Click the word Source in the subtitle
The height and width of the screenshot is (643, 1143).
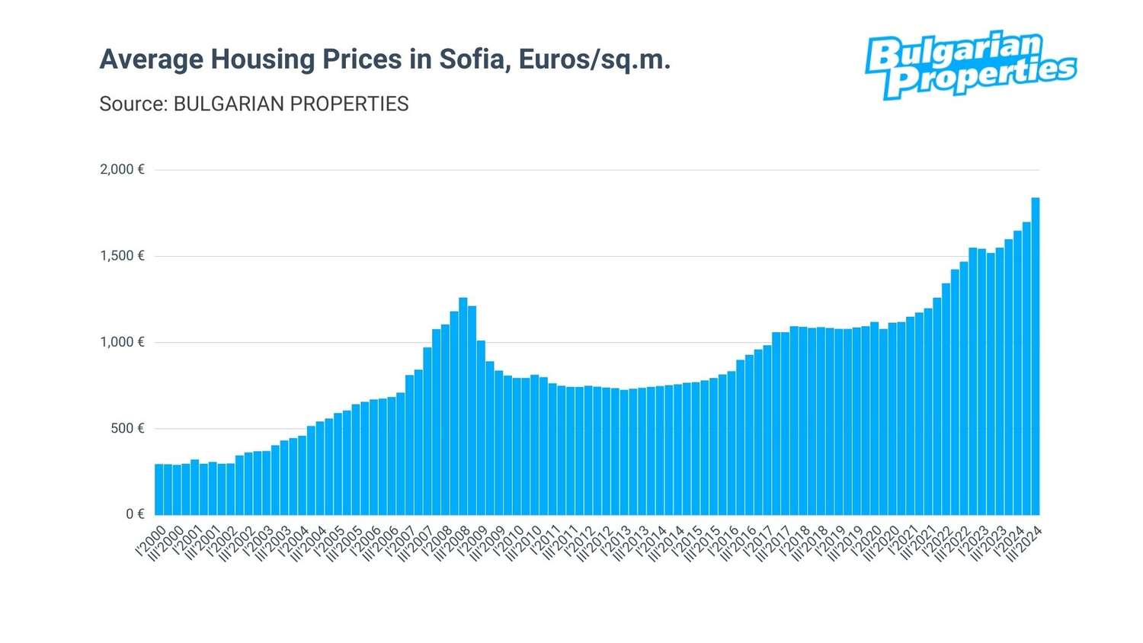pyautogui.click(x=132, y=104)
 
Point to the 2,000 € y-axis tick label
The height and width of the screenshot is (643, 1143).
pyautogui.click(x=122, y=169)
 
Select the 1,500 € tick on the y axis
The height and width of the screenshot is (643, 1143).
pyautogui.click(x=122, y=256)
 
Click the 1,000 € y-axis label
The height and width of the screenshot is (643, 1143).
pyautogui.click(x=122, y=342)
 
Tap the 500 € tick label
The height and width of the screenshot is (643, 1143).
pyautogui.click(x=127, y=428)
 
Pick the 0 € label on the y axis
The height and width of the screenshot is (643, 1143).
pyautogui.click(x=135, y=514)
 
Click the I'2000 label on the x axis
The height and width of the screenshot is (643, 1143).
pyautogui.click(x=150, y=540)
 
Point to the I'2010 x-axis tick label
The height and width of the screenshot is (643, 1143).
pyautogui.click(x=509, y=540)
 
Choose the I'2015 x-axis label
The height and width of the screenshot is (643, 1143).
pyautogui.click(x=688, y=540)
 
